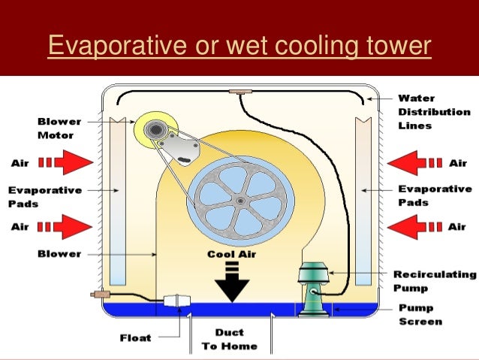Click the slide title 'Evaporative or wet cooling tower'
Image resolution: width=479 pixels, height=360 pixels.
coord(239,47)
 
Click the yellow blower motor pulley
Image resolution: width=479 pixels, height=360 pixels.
coord(155,132)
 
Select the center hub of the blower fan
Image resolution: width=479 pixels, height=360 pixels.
coord(238,201)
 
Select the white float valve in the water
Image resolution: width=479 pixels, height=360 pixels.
coord(177,304)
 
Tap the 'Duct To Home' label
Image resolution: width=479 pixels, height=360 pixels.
coord(229,340)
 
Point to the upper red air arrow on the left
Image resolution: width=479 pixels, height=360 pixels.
coord(71,162)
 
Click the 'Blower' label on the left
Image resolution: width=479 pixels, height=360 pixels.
coord(57,254)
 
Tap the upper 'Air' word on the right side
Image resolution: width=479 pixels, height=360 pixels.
coord(457,162)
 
